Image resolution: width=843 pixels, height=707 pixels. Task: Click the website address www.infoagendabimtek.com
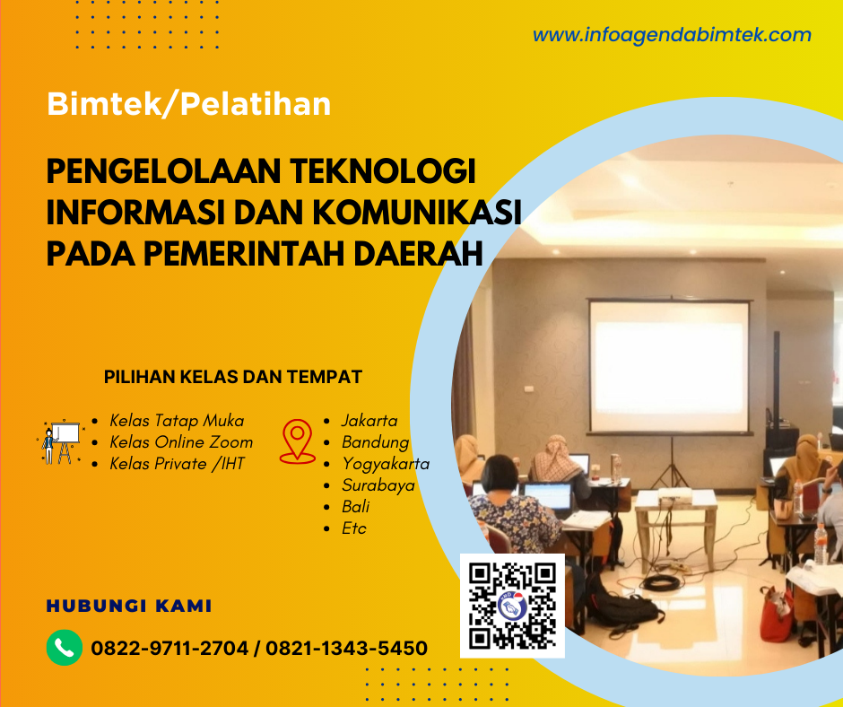(672, 35)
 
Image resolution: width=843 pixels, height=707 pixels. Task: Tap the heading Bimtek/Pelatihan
(188, 104)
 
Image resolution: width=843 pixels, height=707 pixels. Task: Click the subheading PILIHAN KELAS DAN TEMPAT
(233, 377)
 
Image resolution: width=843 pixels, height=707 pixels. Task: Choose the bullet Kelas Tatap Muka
(177, 420)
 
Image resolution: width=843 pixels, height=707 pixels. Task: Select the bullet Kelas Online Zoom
(181, 441)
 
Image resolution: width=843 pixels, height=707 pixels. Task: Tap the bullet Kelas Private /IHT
(177, 463)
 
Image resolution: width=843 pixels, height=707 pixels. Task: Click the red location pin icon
(297, 441)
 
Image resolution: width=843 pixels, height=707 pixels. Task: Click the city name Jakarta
(369, 420)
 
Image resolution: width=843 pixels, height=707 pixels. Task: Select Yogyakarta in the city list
(386, 463)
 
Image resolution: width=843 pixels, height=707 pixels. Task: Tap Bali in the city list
(355, 506)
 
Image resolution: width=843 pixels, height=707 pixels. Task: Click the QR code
(512, 605)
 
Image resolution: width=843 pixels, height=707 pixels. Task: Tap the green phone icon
(64, 647)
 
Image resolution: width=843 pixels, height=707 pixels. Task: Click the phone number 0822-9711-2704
(169, 648)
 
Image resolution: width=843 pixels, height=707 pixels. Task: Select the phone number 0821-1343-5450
(346, 648)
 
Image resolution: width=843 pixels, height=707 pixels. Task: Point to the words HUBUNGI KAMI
(129, 607)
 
